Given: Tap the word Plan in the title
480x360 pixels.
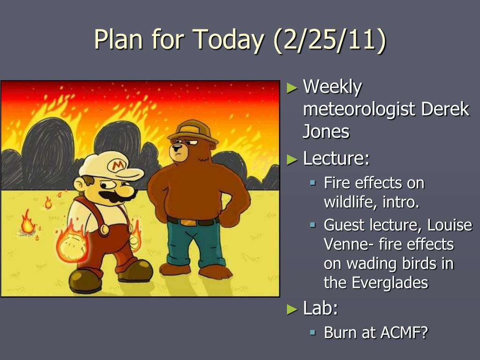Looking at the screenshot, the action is click(118, 40).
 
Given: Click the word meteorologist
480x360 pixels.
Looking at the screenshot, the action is click(359, 110).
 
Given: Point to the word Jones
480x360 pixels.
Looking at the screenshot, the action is click(326, 132).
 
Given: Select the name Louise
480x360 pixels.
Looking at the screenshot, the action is click(450, 225).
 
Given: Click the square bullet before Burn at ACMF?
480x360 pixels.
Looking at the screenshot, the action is click(312, 332).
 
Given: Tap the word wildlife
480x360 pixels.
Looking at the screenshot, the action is click(351, 202).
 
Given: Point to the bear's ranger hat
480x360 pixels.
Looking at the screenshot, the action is click(193, 132).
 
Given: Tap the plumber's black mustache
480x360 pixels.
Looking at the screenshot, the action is click(116, 196).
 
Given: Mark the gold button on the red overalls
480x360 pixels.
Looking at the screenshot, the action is click(105, 229).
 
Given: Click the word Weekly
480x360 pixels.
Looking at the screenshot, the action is click(332, 87).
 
